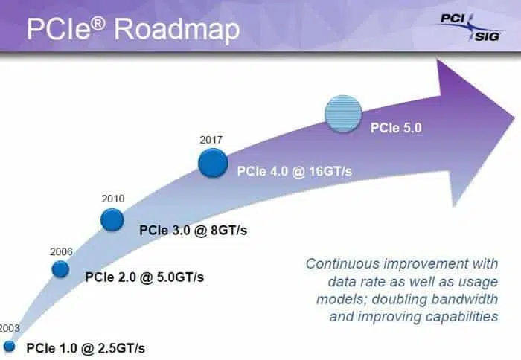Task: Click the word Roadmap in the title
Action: tap(176, 30)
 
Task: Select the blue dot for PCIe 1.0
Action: tap(10, 346)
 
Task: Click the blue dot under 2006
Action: tap(60, 269)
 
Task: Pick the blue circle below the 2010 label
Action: tap(112, 219)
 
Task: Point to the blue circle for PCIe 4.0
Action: tap(213, 163)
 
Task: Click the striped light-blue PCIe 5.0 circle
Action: tap(343, 115)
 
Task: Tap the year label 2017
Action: tap(211, 140)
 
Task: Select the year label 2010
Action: tap(113, 199)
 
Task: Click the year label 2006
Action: tap(61, 251)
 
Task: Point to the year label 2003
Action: tap(10, 328)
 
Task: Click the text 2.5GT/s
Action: tap(121, 348)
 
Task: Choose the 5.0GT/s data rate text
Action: tap(180, 277)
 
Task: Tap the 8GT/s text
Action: tap(229, 230)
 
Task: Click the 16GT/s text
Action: tap(330, 171)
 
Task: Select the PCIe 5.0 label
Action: tap(396, 128)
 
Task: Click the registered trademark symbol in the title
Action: tap(99, 23)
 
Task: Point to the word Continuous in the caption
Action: tap(342, 264)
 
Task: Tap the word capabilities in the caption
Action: tap(461, 317)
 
